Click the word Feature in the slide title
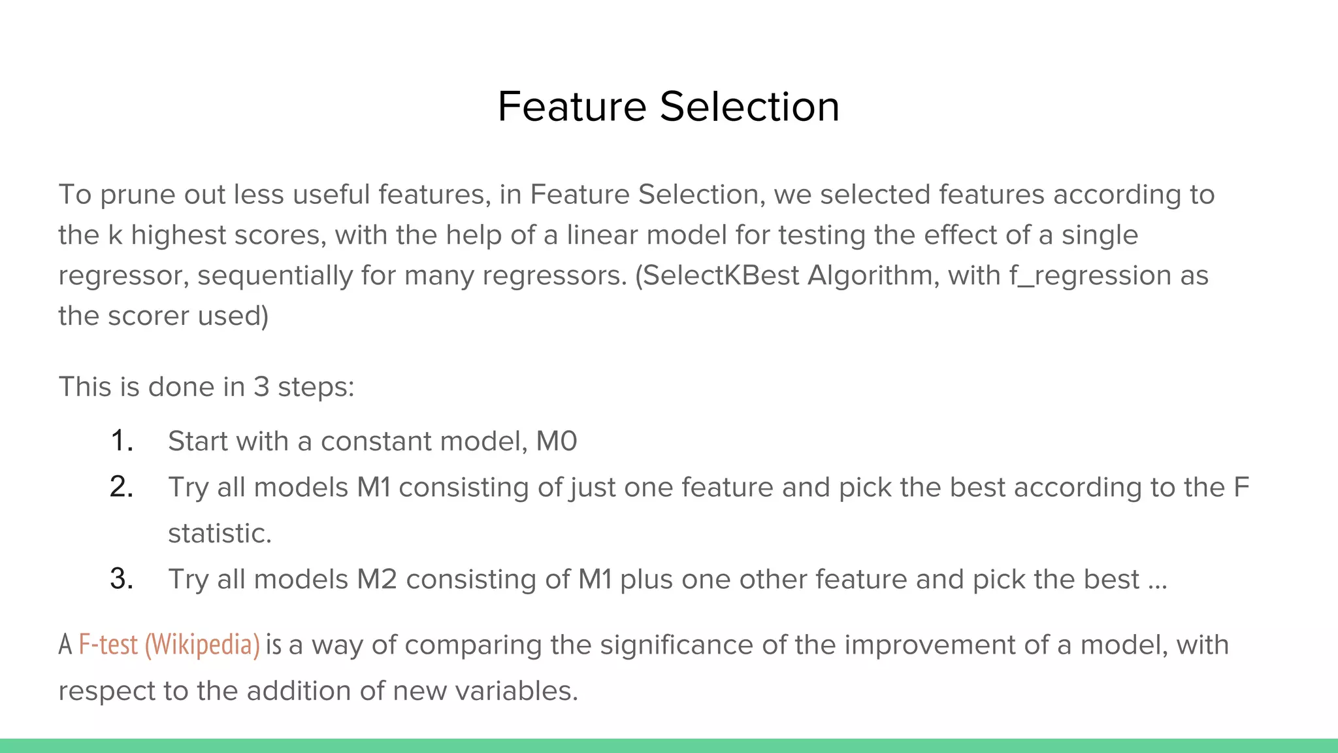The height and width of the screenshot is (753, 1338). tap(572, 107)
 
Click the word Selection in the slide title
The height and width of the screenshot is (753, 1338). tap(749, 107)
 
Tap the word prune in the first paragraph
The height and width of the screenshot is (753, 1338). tap(138, 195)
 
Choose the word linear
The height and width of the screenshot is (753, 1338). tap(602, 235)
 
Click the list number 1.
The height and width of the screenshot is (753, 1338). tap(122, 441)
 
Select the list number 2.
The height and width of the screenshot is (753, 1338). tap(122, 488)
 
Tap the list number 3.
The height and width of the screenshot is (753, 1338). tap(122, 580)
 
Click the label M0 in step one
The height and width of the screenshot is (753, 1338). tap(557, 441)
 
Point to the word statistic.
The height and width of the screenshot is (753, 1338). tap(220, 533)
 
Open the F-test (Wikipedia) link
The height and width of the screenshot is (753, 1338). tap(169, 645)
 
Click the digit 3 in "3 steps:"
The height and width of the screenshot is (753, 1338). tap(261, 387)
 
